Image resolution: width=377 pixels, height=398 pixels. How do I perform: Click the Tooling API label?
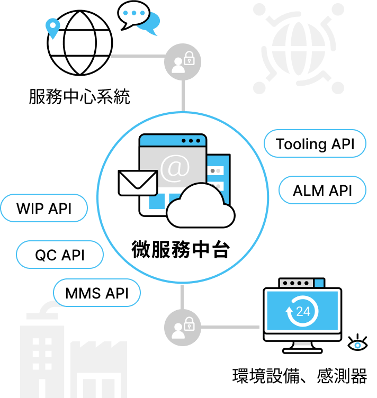(x=315, y=144)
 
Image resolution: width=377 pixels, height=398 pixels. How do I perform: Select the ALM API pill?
(x=322, y=191)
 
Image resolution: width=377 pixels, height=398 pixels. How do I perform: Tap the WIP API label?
(x=44, y=208)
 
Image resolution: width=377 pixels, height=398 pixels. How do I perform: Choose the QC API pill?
(x=60, y=255)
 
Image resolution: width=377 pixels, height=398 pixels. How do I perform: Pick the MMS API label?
(x=97, y=293)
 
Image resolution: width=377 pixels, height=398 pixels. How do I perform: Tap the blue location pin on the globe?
(x=52, y=28)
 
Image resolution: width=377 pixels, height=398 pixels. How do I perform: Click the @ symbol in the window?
(x=175, y=167)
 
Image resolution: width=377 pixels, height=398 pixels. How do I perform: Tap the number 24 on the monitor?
(x=303, y=311)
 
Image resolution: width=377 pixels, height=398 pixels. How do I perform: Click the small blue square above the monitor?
(x=319, y=283)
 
